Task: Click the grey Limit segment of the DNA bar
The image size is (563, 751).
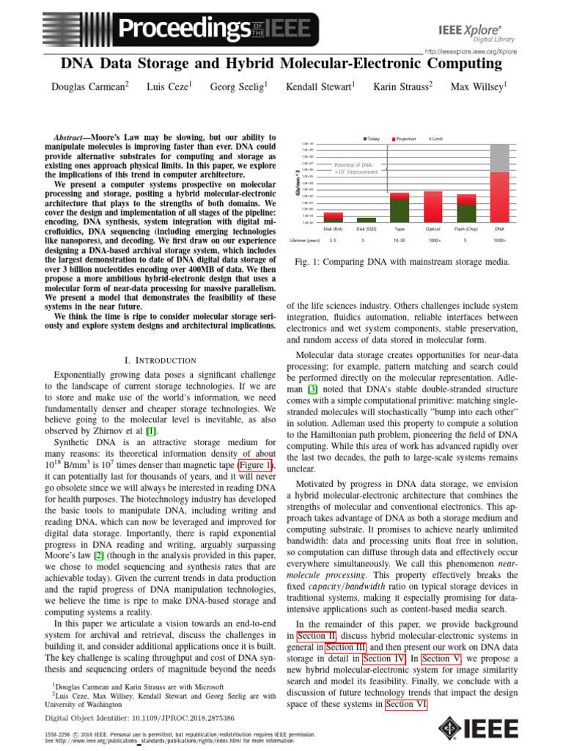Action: (499, 158)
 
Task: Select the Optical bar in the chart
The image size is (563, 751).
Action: (433, 206)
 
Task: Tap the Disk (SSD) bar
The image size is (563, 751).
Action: (367, 219)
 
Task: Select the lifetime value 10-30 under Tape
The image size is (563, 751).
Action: (400, 240)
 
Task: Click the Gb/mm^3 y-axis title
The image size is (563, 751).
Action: (296, 180)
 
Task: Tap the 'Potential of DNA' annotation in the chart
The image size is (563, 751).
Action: (354, 169)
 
